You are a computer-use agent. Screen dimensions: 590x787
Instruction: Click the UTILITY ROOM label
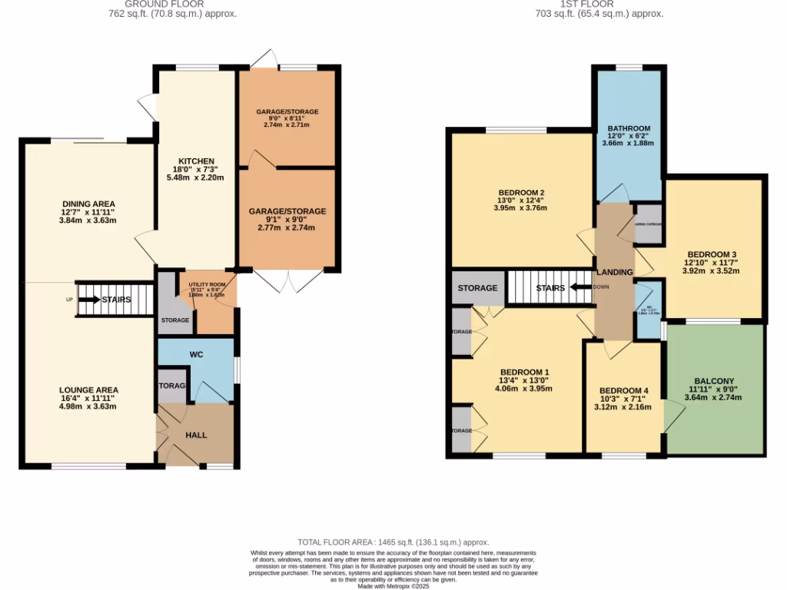[207, 285]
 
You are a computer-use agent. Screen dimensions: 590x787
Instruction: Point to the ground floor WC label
[196, 355]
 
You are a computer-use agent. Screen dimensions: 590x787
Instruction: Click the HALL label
[196, 435]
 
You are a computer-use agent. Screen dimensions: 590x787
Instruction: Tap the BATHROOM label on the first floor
[629, 128]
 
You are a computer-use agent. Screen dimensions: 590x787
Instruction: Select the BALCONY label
[714, 381]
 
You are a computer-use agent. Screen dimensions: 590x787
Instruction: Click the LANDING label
[615, 272]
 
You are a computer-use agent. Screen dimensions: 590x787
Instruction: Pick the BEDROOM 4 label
[623, 390]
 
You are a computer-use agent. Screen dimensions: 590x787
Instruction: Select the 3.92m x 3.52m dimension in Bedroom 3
[712, 270]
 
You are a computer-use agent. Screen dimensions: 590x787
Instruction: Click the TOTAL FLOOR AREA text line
[393, 542]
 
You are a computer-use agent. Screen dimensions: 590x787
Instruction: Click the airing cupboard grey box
[649, 223]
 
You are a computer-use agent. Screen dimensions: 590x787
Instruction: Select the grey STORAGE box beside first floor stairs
[478, 288]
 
